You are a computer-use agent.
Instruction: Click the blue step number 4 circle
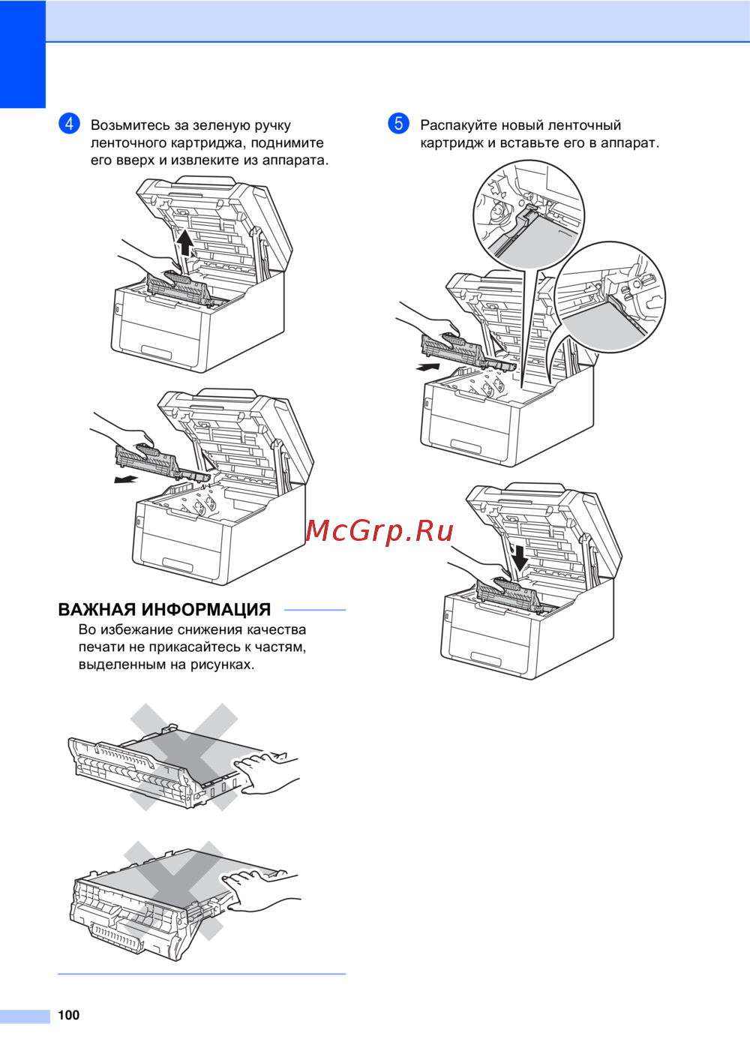pos(69,124)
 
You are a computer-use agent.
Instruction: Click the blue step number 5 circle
pos(398,124)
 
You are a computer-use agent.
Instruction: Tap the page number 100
pos(68,1015)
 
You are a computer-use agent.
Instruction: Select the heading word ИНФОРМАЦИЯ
pos(206,609)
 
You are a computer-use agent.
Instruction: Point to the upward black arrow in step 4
pos(185,243)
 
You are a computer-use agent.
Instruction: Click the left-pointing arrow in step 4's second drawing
pos(126,480)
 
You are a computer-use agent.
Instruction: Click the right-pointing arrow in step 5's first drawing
pos(427,367)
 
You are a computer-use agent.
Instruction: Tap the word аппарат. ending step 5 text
pos(630,143)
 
